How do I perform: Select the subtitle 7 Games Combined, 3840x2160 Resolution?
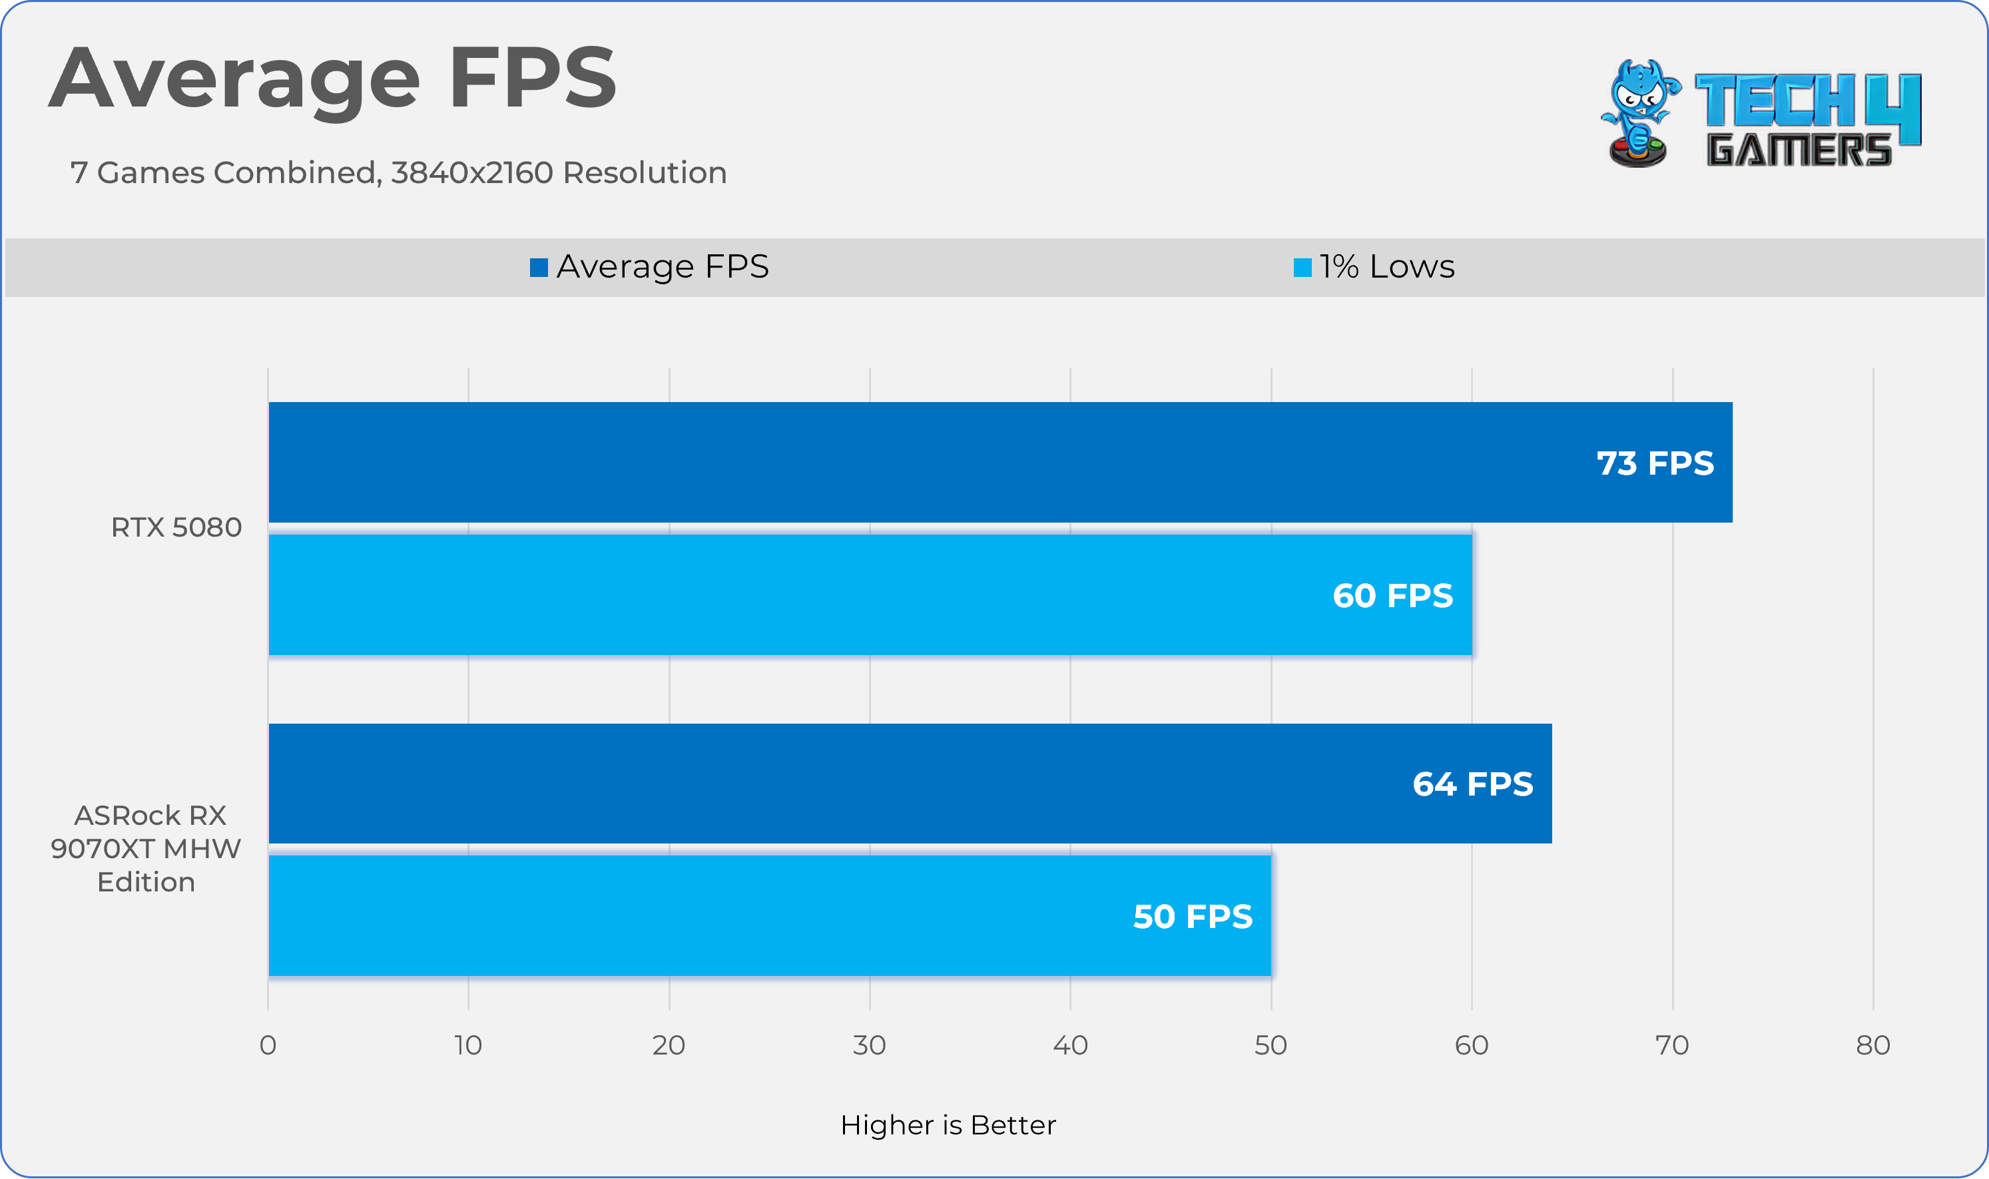click(x=398, y=172)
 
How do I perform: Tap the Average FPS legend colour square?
click(x=539, y=268)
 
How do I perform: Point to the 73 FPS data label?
click(x=1655, y=463)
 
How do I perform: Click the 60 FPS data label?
click(x=1392, y=596)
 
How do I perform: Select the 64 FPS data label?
click(x=1472, y=784)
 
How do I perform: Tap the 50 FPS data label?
click(x=1192, y=917)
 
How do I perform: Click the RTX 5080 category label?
click(x=176, y=527)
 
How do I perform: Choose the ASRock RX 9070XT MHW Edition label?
click(x=146, y=849)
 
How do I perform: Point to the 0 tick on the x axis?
click(x=268, y=1046)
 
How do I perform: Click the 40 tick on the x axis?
click(x=1069, y=1046)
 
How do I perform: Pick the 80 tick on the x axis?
click(x=1872, y=1046)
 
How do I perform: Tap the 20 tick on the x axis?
click(x=669, y=1046)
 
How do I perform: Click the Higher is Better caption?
click(x=948, y=1125)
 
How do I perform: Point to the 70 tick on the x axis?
click(x=1671, y=1046)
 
